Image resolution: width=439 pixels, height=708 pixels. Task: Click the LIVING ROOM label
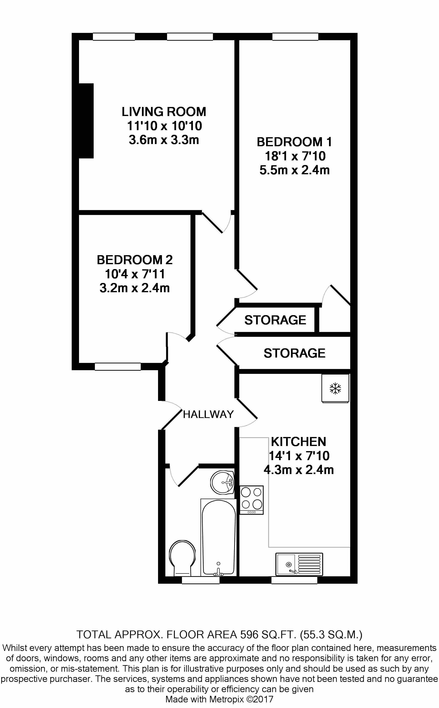(164, 112)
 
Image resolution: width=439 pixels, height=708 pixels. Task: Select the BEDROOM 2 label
(134, 260)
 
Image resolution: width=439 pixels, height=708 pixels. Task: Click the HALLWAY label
(208, 414)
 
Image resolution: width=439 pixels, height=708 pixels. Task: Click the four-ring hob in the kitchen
(251, 500)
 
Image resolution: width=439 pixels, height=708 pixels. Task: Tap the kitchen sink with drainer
(299, 564)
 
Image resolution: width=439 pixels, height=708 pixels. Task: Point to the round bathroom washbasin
(222, 482)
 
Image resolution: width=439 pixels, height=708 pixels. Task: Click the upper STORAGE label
(275, 320)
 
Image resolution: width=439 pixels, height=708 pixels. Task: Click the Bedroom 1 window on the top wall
(295, 37)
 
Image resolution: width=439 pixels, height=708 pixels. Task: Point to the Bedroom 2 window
(118, 367)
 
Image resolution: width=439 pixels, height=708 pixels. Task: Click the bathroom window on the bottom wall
(200, 580)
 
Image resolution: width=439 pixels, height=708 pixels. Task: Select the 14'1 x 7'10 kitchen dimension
(299, 456)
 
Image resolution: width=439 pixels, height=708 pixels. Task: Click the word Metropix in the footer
(227, 699)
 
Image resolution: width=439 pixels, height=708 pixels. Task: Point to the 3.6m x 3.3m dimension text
(164, 140)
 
